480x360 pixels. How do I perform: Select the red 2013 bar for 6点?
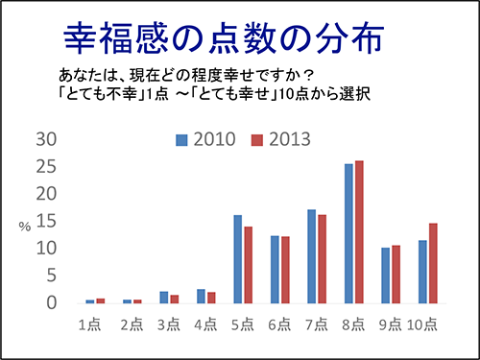tap(284, 269)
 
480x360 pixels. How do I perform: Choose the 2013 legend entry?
tap(278, 140)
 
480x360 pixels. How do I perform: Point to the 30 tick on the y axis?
tap(46, 139)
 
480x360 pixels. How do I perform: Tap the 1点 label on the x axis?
tap(92, 324)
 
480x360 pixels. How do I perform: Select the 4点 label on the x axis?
tap(205, 324)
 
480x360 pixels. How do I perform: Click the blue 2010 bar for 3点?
tap(163, 297)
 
